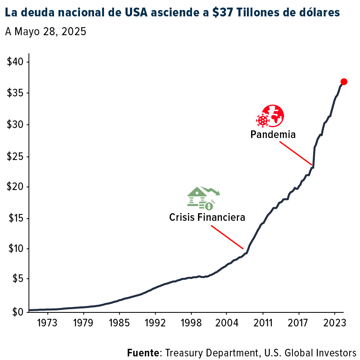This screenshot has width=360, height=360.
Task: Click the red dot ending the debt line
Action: coord(344,82)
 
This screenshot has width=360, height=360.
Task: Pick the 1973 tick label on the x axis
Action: coord(47,323)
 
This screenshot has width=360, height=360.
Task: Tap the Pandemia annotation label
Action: coord(273,134)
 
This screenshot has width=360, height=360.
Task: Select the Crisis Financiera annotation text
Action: coord(207,217)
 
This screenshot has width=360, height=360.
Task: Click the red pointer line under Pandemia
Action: coord(295,153)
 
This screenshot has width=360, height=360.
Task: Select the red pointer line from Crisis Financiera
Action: coord(227,237)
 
